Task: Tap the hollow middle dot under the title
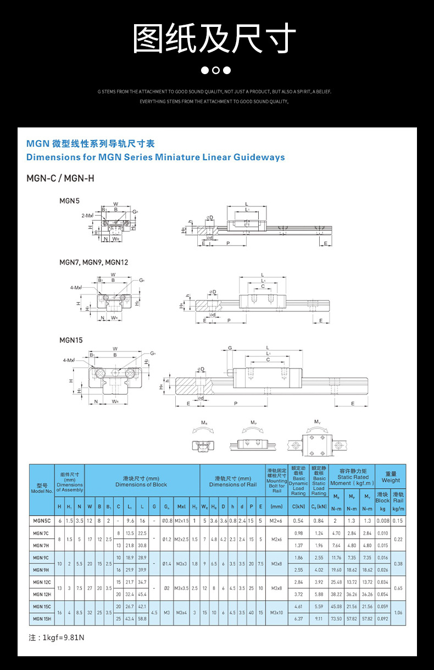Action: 216,70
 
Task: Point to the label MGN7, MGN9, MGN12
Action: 93,263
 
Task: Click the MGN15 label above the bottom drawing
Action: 71,340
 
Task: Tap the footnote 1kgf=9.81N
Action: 57,638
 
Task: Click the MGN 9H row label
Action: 41,569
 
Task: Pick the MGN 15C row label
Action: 41,606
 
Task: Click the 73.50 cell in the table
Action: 336,618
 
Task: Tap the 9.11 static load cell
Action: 319,618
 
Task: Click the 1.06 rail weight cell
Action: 398,612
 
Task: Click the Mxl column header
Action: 182,506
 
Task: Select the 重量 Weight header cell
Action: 391,477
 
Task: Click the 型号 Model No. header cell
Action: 42,488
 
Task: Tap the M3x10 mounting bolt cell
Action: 276,612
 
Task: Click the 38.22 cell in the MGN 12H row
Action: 336,594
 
